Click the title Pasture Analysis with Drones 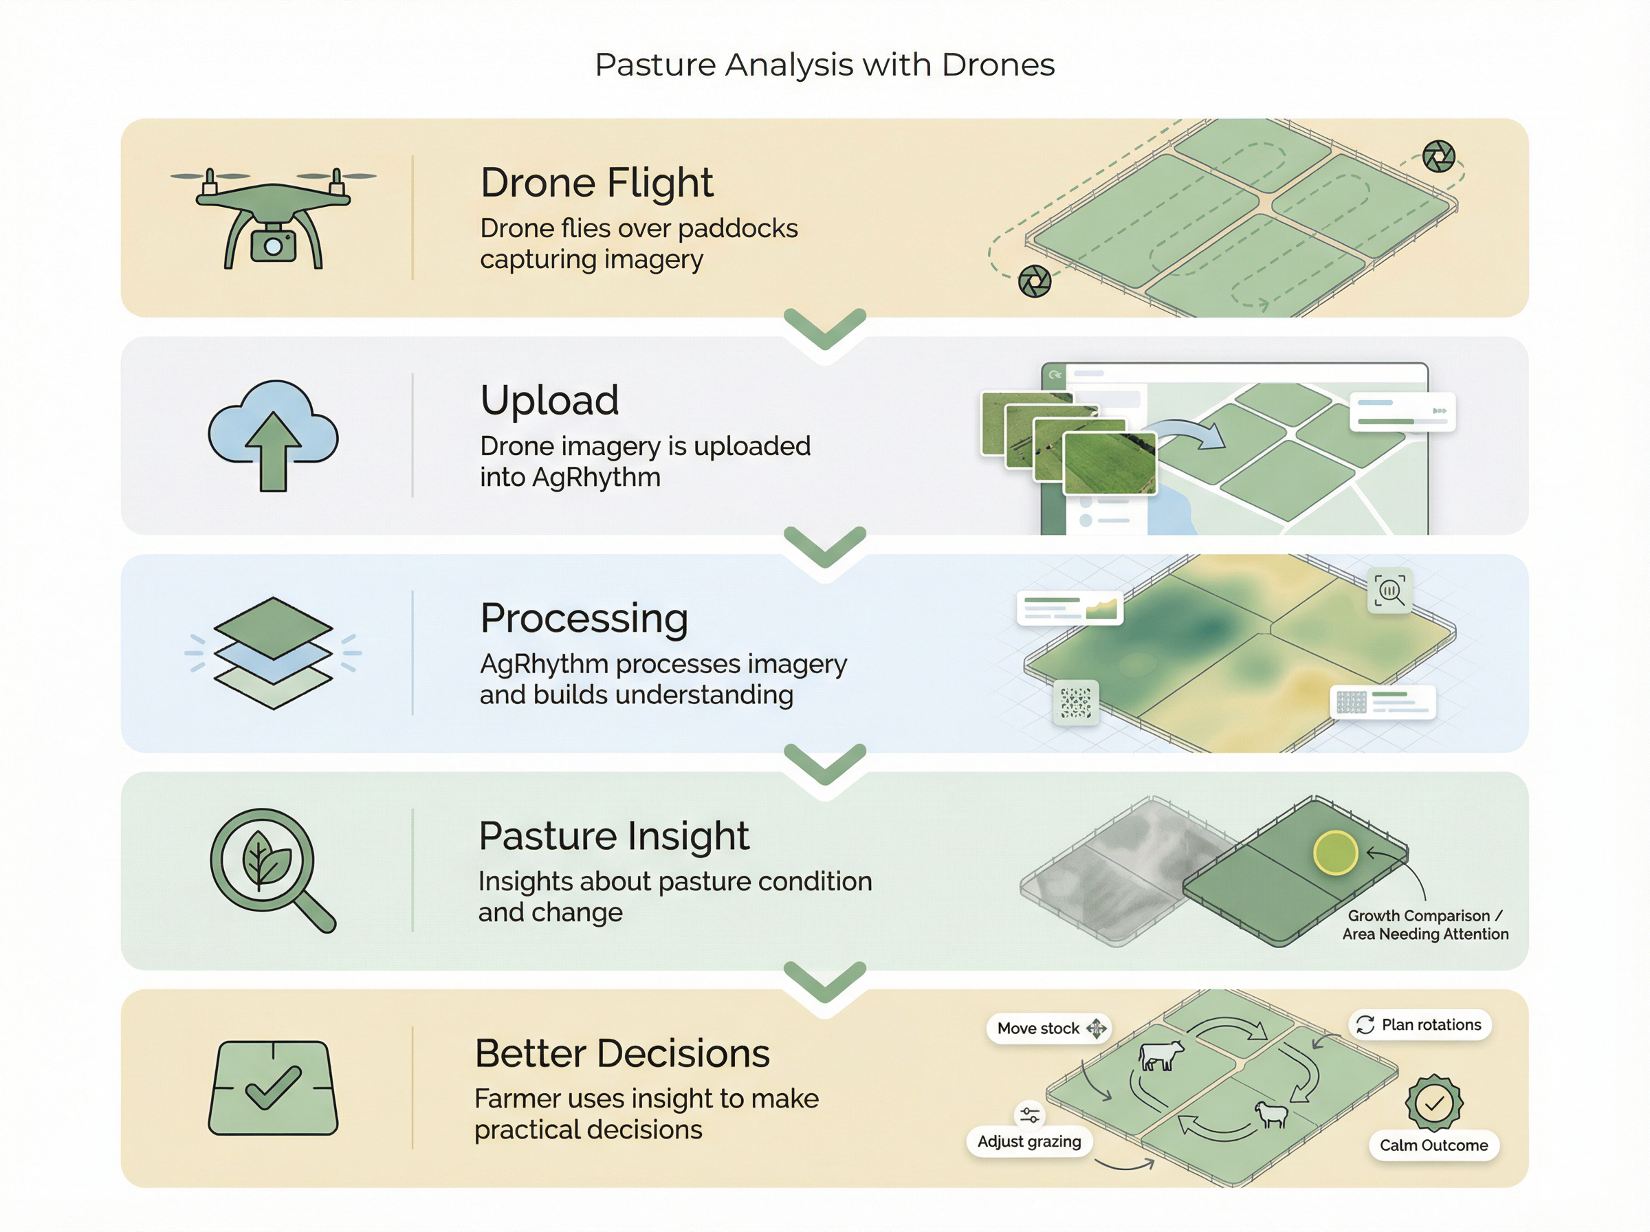824,65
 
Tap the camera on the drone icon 273,245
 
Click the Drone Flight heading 597,183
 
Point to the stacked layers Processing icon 273,652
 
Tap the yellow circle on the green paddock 1334,852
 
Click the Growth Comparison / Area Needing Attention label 1424,925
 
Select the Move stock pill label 1038,1028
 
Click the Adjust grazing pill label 1029,1141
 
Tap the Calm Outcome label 1433,1145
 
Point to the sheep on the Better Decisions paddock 1270,1114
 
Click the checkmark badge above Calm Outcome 1433,1102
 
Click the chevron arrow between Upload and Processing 824,547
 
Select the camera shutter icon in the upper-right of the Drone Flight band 1438,156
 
